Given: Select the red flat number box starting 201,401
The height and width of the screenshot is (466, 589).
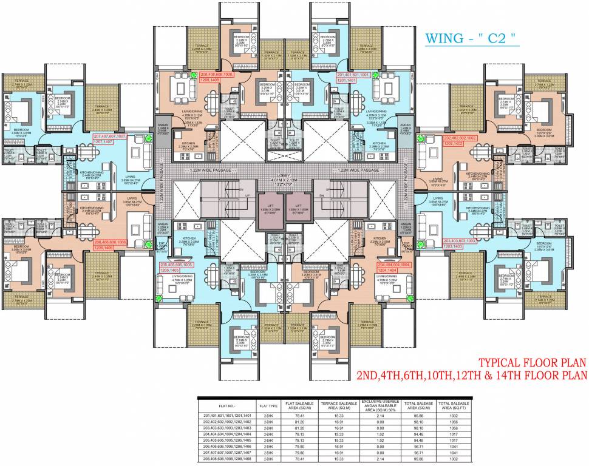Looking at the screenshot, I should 353,76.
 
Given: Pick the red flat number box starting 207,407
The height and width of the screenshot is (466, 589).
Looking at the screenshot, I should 109,139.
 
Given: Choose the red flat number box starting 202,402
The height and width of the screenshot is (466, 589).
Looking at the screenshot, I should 461,141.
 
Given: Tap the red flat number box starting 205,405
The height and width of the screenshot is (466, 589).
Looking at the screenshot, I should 176,268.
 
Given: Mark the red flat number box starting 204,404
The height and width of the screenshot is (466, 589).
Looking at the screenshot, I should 395,268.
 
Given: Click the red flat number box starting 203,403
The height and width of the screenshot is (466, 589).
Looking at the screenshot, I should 461,243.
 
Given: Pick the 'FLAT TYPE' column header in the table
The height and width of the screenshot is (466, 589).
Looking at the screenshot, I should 268,404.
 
